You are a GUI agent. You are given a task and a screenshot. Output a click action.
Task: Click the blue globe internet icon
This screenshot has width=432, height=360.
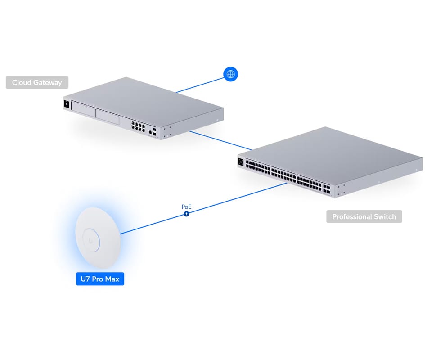tap(230, 74)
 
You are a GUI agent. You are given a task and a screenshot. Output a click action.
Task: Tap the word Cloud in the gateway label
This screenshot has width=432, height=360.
tap(22, 83)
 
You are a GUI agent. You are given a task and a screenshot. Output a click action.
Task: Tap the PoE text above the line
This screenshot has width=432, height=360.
tap(186, 207)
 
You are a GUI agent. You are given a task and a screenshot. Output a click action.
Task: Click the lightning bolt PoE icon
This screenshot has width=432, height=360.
tap(186, 214)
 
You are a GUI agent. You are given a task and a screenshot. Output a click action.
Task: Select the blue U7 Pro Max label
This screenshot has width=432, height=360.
tap(100, 279)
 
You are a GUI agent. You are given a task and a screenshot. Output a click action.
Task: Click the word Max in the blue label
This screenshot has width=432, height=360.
tap(112, 279)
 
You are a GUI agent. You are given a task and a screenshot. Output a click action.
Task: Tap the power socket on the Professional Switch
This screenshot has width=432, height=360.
tap(241, 162)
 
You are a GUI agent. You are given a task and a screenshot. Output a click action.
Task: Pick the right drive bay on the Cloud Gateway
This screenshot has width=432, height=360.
tap(108, 117)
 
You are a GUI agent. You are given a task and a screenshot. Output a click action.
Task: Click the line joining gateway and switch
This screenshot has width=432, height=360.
tap(220, 140)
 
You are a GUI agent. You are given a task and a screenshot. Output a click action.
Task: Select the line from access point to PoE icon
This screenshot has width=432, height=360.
tap(153, 224)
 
